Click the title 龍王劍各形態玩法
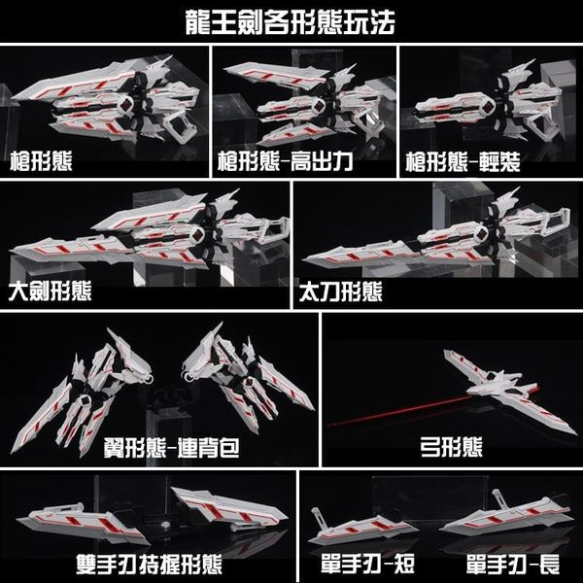[290, 22]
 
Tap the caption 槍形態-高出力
[285, 161]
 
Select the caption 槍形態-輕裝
[463, 161]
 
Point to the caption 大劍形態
[50, 291]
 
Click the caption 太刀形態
[341, 291]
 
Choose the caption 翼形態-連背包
[171, 447]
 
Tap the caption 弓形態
[452, 447]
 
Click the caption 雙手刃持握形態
[149, 565]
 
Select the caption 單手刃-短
[367, 565]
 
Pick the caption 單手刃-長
[513, 565]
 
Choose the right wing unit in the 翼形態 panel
[246, 379]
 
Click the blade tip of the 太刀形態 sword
[302, 259]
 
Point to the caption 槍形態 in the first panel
[41, 161]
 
